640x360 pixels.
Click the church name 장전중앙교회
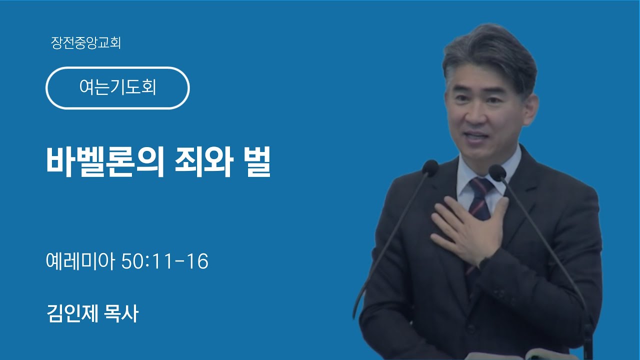tap(85, 43)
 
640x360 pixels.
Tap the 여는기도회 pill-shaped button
tap(117, 88)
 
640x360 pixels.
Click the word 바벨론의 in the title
tap(105, 161)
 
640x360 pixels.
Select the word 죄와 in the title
tap(203, 161)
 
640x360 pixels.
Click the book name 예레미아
tap(80, 261)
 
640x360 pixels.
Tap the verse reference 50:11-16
tap(165, 261)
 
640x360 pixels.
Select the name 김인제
tap(72, 313)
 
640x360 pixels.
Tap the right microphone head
tap(497, 172)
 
